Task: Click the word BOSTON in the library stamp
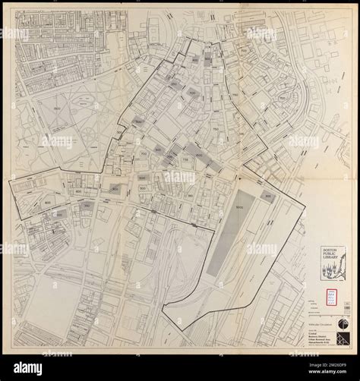(333, 249)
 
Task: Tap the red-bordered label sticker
(332, 298)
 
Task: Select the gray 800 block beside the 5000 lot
(267, 195)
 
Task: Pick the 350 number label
(87, 206)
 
